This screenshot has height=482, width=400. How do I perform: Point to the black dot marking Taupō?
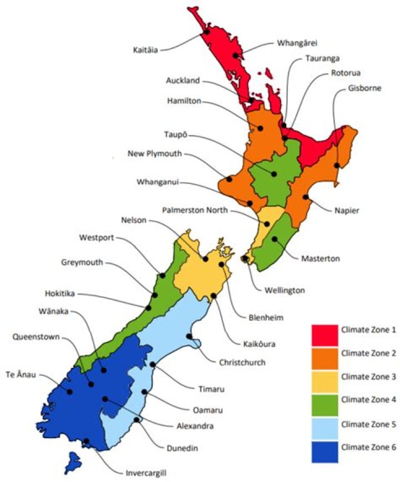pyautogui.click(x=274, y=174)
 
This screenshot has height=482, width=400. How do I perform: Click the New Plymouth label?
pyautogui.click(x=154, y=154)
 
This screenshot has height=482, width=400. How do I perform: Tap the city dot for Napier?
pyautogui.click(x=305, y=197)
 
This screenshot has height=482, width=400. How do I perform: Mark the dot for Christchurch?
pyautogui.click(x=189, y=336)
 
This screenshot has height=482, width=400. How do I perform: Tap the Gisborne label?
pyautogui.click(x=365, y=87)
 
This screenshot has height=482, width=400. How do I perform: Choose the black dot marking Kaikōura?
pyautogui.click(x=214, y=296)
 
